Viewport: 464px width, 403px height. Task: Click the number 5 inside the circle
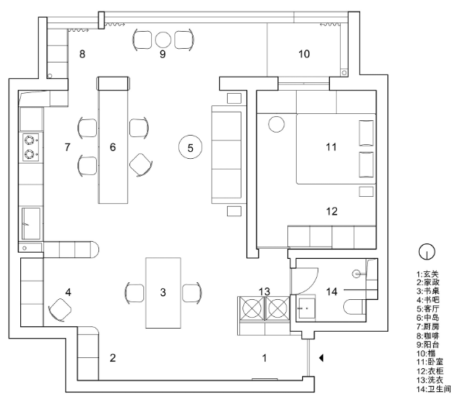[191, 148]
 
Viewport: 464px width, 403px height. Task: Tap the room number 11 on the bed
[331, 147]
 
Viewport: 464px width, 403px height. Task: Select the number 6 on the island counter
[113, 147]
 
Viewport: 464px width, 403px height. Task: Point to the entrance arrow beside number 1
[321, 358]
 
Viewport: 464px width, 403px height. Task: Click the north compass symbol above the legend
[427, 252]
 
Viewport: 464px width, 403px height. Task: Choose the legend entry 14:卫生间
[434, 389]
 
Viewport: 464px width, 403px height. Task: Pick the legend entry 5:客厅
[428, 309]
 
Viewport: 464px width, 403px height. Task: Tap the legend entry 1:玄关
[428, 274]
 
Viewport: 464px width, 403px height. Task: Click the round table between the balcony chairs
[163, 40]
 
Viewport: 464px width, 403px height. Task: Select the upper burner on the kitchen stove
[29, 139]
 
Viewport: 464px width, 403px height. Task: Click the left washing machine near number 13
[252, 308]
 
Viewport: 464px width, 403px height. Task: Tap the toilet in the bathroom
[355, 307]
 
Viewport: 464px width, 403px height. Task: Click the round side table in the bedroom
[277, 124]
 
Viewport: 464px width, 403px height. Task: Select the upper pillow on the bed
[366, 133]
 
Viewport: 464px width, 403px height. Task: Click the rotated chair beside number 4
[60, 310]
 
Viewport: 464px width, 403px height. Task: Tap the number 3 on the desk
[163, 292]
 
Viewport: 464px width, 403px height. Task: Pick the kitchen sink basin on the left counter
[31, 223]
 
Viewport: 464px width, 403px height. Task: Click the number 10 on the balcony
[304, 54]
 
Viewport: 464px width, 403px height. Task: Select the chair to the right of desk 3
[192, 293]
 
